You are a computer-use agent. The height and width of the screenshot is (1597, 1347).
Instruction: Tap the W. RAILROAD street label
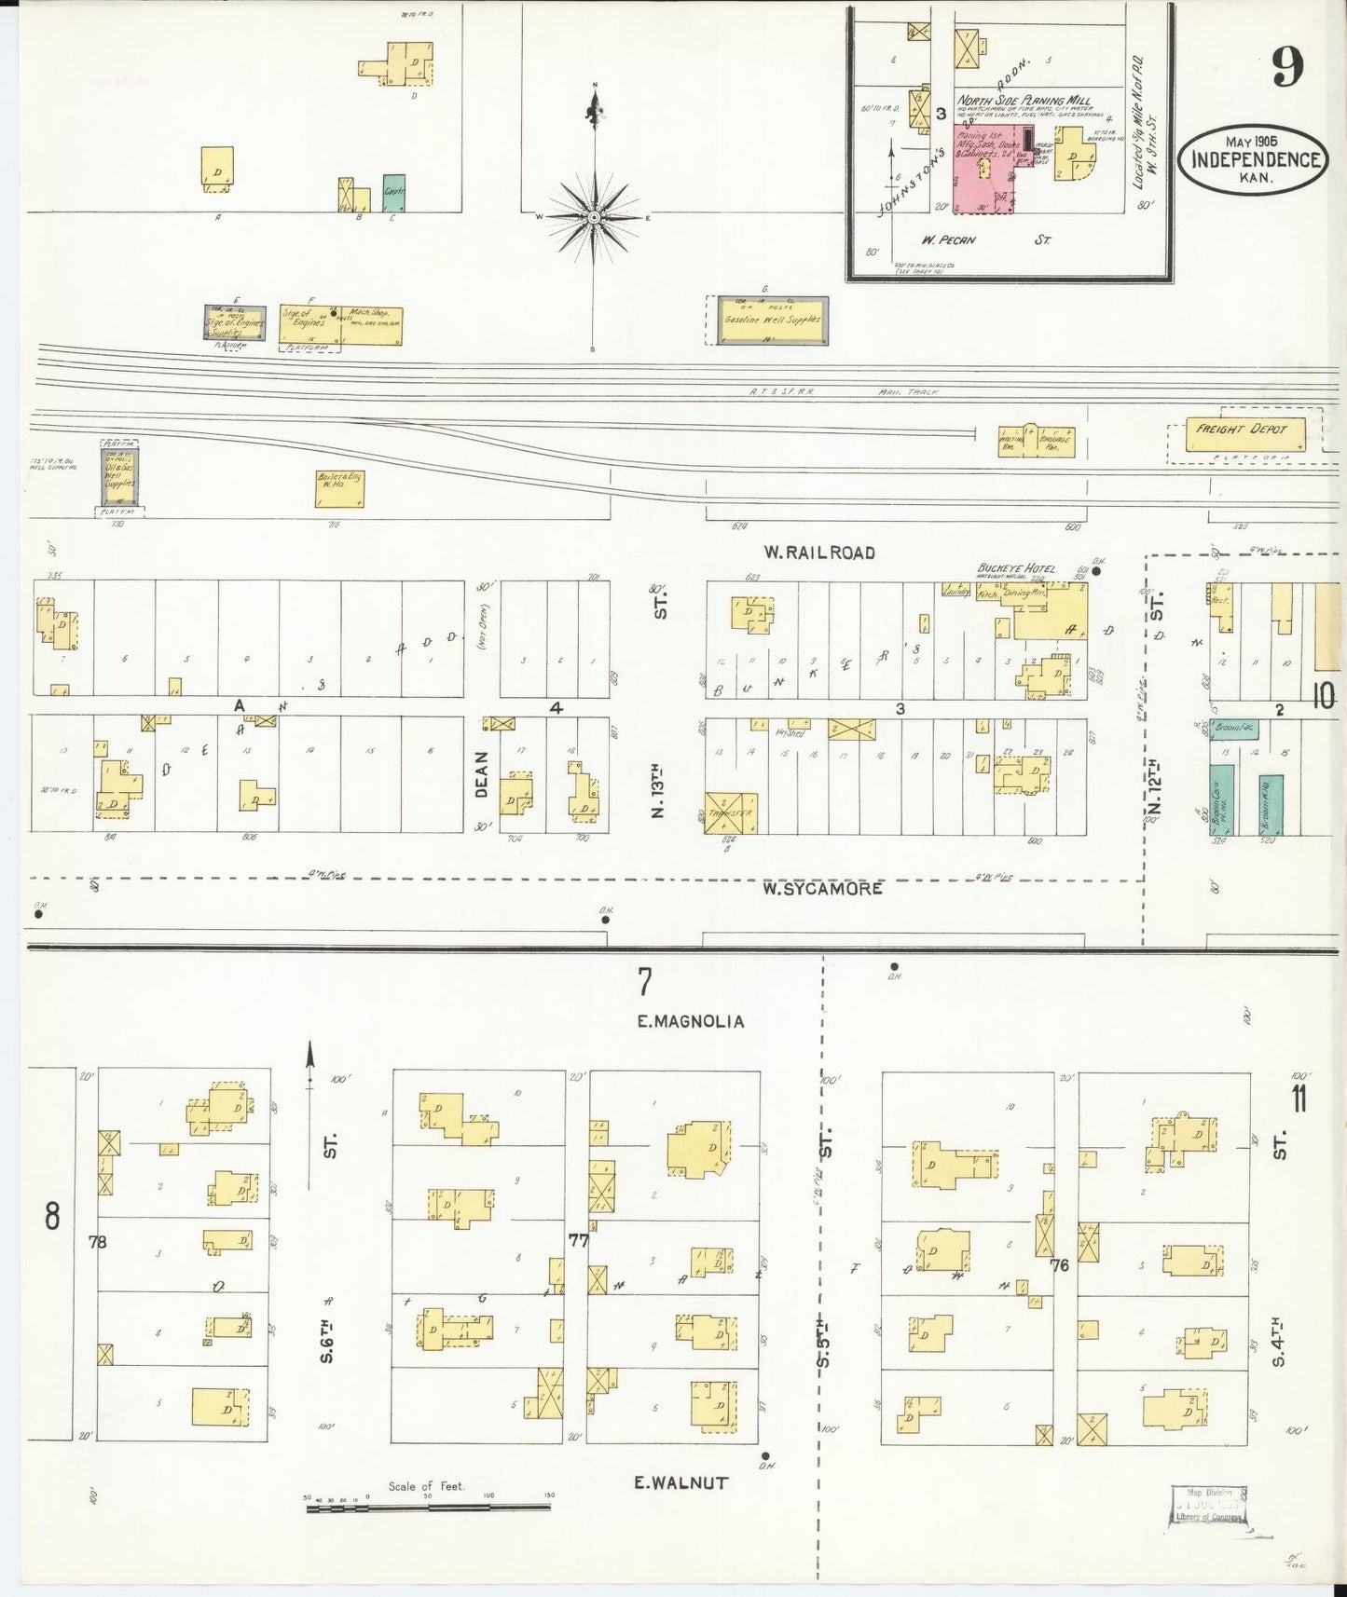click(x=818, y=553)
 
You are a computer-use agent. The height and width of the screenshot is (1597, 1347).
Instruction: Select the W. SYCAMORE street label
click(x=821, y=888)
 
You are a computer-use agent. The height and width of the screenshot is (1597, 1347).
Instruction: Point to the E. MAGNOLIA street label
click(x=690, y=1021)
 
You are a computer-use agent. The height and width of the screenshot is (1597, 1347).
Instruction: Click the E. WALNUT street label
click(x=680, y=1482)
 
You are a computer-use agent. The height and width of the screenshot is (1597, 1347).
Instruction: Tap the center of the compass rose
click(x=594, y=217)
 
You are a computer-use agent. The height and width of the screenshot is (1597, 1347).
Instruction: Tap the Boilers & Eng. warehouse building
click(x=339, y=488)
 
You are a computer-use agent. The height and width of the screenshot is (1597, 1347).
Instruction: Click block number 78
click(x=96, y=1241)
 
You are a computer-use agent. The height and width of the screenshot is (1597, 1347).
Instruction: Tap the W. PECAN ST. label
click(x=985, y=240)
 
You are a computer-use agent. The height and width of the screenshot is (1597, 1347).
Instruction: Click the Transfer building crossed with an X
click(x=730, y=813)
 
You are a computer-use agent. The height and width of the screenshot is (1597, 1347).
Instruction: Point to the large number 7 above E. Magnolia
click(x=643, y=981)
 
